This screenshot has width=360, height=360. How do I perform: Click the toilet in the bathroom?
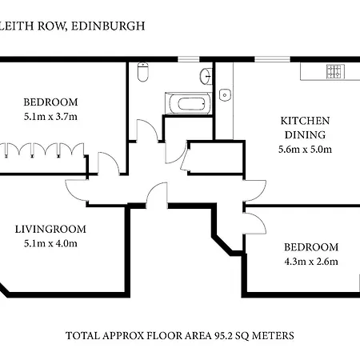[143, 72]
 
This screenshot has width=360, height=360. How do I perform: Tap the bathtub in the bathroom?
[188, 103]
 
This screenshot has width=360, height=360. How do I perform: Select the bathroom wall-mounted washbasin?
[206, 77]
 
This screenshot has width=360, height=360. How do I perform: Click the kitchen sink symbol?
[225, 94]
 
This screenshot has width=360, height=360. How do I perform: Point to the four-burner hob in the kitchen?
[335, 71]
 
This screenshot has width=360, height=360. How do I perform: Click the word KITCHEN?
[305, 121]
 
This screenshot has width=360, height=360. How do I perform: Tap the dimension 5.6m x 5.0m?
[305, 149]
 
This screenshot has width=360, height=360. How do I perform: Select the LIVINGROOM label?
[50, 229]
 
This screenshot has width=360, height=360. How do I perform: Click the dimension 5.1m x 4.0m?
[50, 243]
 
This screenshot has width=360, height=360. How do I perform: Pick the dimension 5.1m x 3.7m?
[50, 117]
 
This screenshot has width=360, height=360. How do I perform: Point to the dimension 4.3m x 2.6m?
[311, 262]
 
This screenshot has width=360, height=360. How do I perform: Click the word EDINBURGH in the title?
[108, 26]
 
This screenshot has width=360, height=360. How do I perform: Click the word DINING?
[305, 135]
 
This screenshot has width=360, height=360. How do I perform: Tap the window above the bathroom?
[189, 59]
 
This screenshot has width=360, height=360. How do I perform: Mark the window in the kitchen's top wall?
[272, 59]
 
